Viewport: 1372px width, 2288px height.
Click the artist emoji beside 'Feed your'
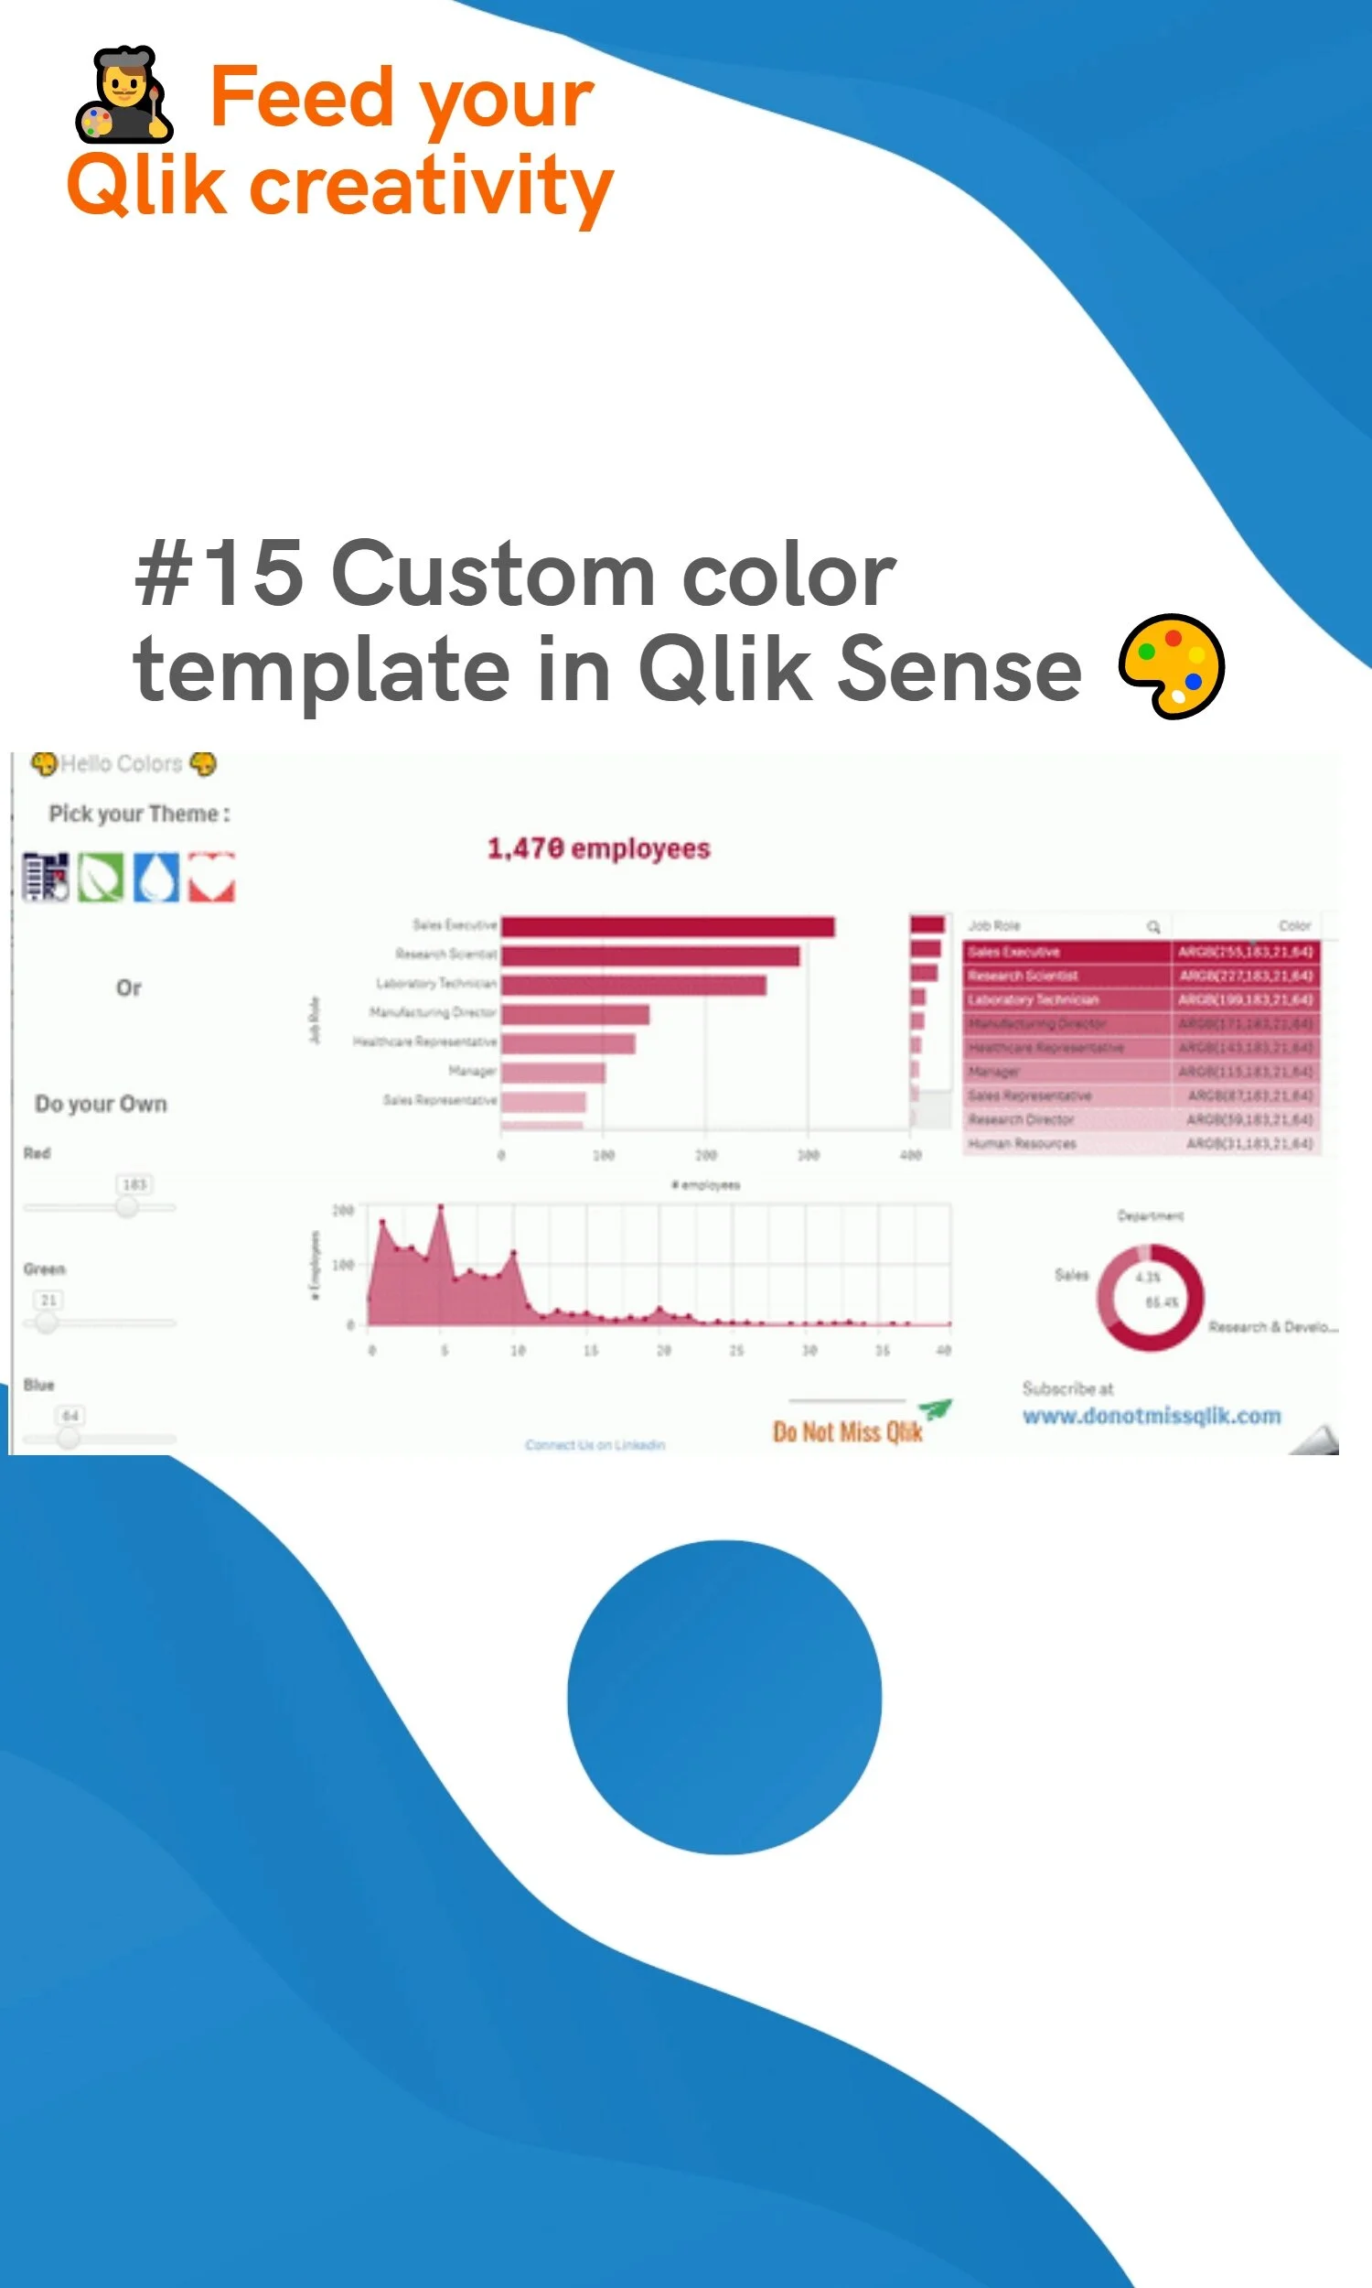[123, 94]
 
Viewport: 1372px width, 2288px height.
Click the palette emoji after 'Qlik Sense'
[1171, 666]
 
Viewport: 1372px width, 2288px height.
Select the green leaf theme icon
[100, 877]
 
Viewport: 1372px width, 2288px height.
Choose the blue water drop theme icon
[156, 877]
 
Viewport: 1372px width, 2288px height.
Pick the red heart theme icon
[211, 877]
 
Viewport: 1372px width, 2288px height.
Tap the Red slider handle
[126, 1206]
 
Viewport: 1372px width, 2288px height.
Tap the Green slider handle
[47, 1322]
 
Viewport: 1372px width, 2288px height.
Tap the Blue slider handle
[69, 1438]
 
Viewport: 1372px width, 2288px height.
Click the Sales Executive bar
[668, 927]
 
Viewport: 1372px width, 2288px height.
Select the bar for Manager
[552, 1073]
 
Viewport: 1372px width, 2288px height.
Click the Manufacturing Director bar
[575, 1015]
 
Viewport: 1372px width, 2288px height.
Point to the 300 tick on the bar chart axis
[808, 1155]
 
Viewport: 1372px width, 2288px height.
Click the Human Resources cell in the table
[1022, 1144]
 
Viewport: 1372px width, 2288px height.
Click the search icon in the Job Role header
[1152, 927]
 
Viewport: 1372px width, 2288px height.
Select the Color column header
[1294, 926]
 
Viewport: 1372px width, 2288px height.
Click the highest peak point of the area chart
[441, 1207]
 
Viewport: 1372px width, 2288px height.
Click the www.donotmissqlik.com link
[1151, 1416]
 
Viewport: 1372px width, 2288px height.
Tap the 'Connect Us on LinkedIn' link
[595, 1444]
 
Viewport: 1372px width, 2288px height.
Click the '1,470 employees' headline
[598, 849]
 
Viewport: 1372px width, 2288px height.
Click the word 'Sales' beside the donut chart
[1071, 1275]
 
